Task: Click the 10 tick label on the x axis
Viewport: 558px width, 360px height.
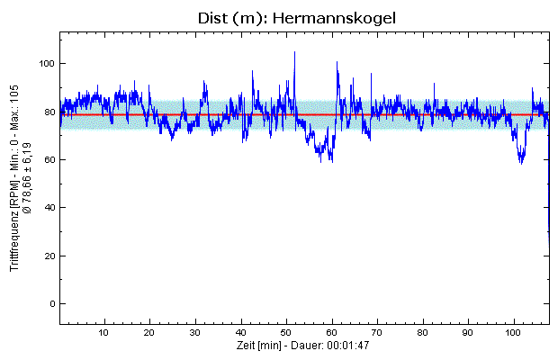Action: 105,333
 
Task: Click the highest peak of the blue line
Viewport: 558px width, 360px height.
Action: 294,52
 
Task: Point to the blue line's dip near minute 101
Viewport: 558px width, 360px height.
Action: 520,161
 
